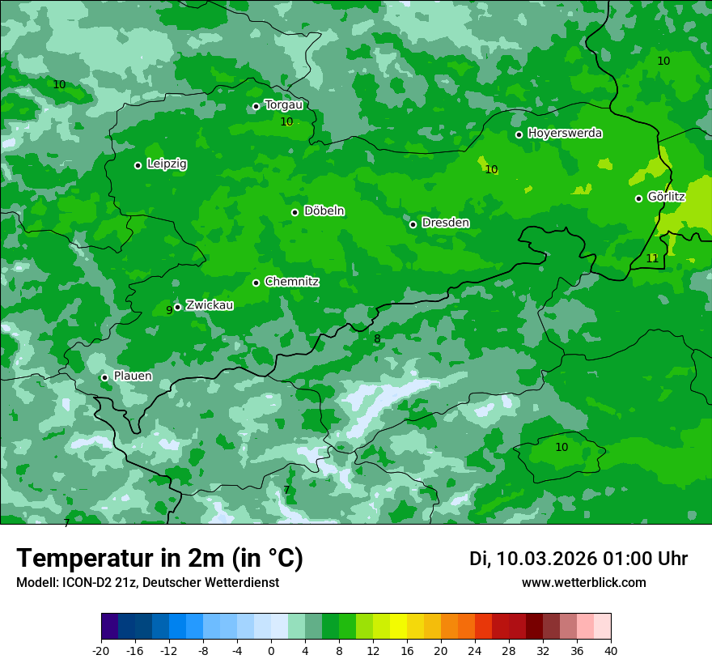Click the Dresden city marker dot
[413, 224]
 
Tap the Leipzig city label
[167, 164]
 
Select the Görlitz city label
[666, 197]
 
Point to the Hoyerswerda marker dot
[519, 134]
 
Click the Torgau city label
[283, 105]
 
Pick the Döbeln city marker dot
[295, 212]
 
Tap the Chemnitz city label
[291, 282]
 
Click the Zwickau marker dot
[177, 307]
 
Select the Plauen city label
[133, 376]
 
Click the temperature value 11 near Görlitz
[652, 258]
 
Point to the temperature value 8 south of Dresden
[377, 338]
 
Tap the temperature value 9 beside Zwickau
[169, 310]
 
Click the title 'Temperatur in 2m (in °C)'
[159, 559]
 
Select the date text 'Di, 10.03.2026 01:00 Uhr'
[578, 559]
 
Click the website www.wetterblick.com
[583, 583]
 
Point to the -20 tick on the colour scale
[101, 650]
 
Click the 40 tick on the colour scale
[611, 650]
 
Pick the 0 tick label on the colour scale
[271, 650]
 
